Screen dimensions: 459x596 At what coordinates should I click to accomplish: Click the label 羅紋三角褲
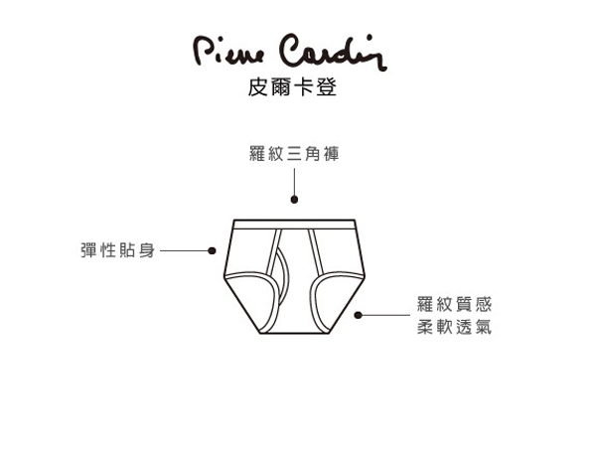point(294,156)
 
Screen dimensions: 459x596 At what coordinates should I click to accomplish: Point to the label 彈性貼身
point(117,250)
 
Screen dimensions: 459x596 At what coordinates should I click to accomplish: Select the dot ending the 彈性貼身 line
point(212,250)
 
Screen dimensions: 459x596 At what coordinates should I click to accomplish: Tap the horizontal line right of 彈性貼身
point(184,250)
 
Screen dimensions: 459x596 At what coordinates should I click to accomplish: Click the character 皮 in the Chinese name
point(256,86)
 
